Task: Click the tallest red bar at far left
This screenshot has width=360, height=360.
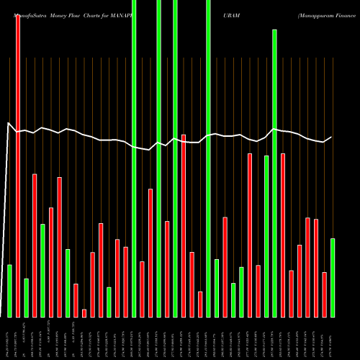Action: [x=18, y=166]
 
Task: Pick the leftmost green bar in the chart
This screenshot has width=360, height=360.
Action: [x=9, y=291]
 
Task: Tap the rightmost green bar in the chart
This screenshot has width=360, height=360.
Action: [x=332, y=277]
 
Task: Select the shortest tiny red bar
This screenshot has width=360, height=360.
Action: [x=84, y=312]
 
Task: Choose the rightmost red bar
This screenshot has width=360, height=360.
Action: [x=324, y=294]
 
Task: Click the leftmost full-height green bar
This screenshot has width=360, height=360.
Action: [x=134, y=158]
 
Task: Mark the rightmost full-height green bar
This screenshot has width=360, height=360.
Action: [x=208, y=158]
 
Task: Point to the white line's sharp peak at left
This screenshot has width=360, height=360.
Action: [x=9, y=124]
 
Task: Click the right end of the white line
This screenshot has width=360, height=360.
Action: [x=331, y=138]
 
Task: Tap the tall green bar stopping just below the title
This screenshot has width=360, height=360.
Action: [x=274, y=173]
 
